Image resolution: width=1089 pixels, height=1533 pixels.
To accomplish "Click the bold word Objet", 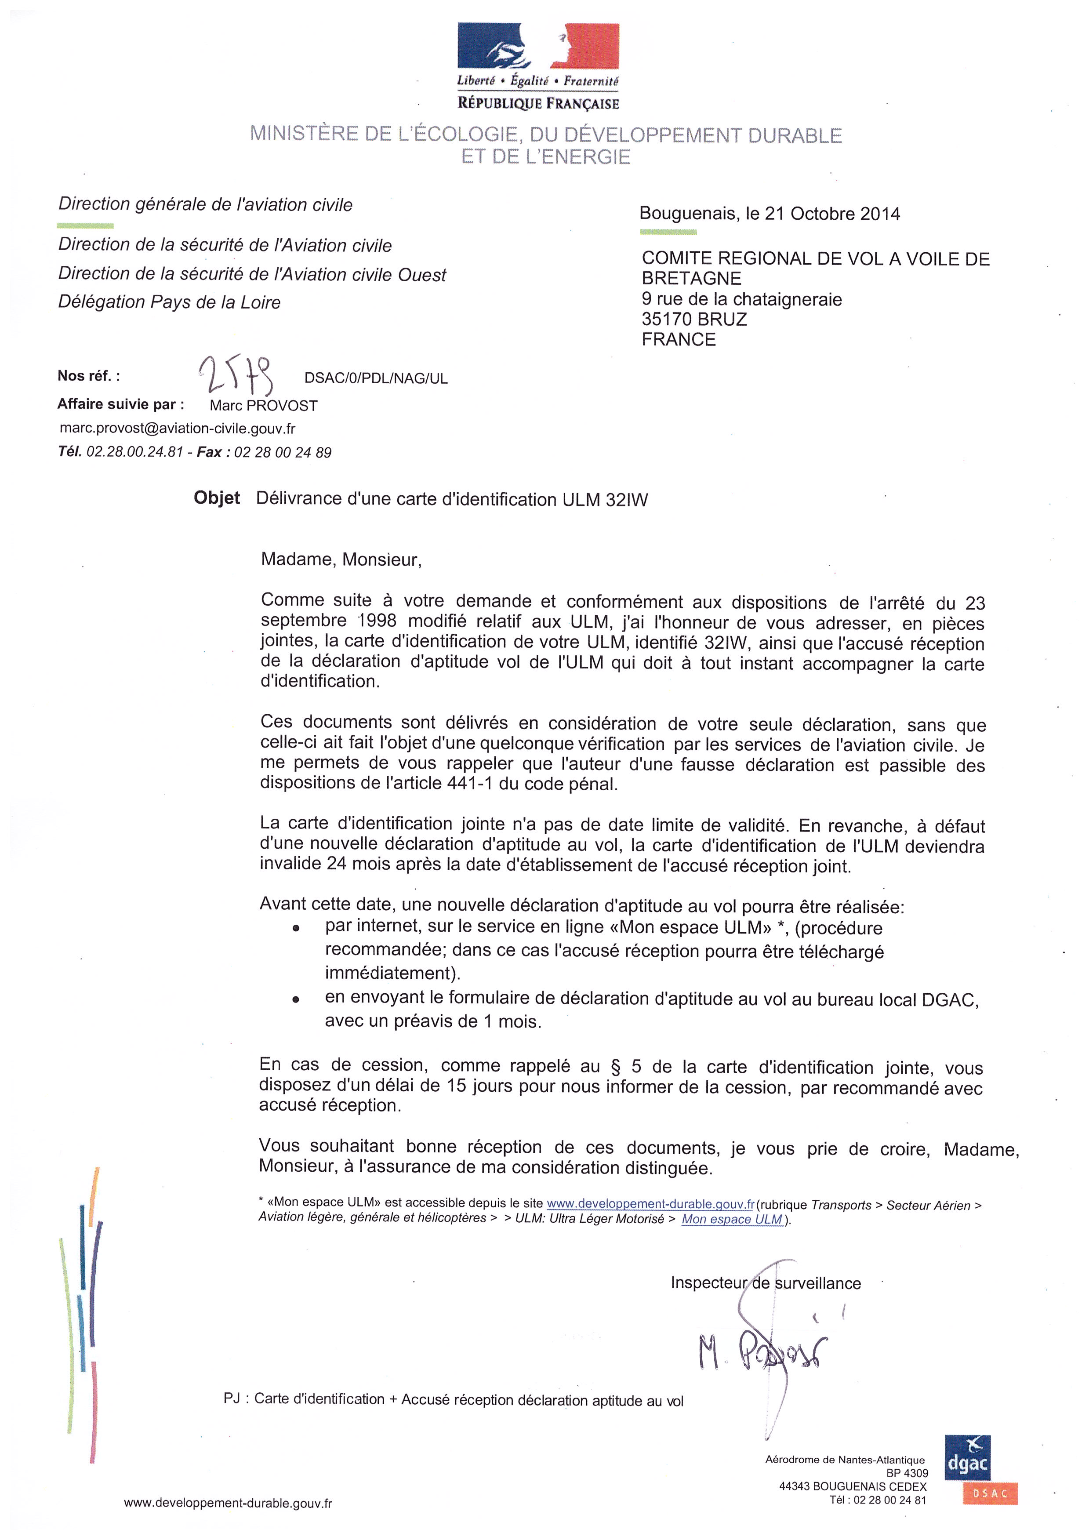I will (217, 498).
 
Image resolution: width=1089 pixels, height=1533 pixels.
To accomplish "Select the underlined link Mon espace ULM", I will (732, 1219).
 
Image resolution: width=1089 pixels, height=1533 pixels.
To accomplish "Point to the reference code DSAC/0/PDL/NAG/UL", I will (375, 378).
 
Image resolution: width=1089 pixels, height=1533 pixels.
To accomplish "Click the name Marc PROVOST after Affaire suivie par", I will (264, 405).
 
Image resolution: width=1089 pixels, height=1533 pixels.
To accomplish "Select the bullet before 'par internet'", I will (296, 929).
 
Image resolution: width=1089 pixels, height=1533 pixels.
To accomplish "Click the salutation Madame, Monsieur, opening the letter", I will (341, 559).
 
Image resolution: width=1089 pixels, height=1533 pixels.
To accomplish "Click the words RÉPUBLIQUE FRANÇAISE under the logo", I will (538, 103).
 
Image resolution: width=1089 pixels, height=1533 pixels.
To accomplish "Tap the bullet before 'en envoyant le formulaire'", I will (296, 999).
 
